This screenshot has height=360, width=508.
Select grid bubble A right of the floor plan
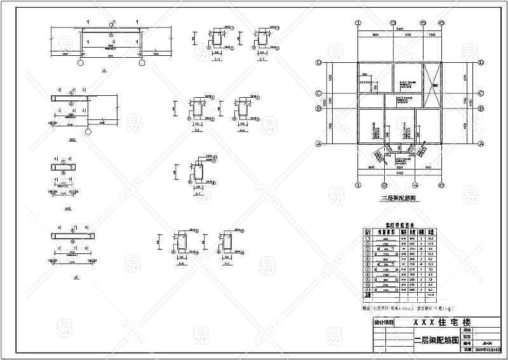click(481, 144)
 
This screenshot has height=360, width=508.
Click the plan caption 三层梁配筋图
click(398, 198)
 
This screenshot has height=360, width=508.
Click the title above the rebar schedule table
click(400, 224)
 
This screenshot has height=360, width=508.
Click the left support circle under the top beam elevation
click(80, 63)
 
